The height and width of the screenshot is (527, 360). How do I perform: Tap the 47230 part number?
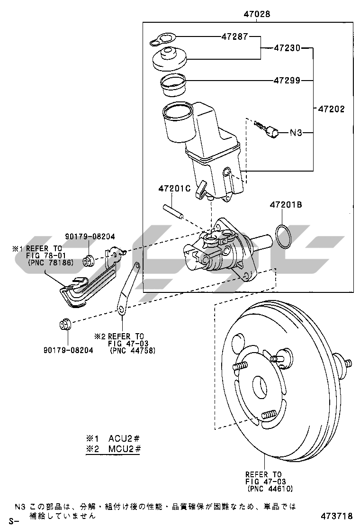point(288,47)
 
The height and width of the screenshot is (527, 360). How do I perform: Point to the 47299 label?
point(287,80)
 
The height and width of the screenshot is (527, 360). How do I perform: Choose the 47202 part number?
point(331,109)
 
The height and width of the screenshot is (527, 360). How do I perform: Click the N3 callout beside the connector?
point(296,133)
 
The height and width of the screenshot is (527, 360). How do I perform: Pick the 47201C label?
point(174,189)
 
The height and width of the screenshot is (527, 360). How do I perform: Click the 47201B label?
point(286,205)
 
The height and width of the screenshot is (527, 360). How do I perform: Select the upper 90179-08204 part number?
point(90,236)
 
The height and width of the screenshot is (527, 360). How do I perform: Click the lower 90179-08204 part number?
point(68,350)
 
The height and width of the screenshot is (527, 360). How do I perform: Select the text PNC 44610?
point(270,489)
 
